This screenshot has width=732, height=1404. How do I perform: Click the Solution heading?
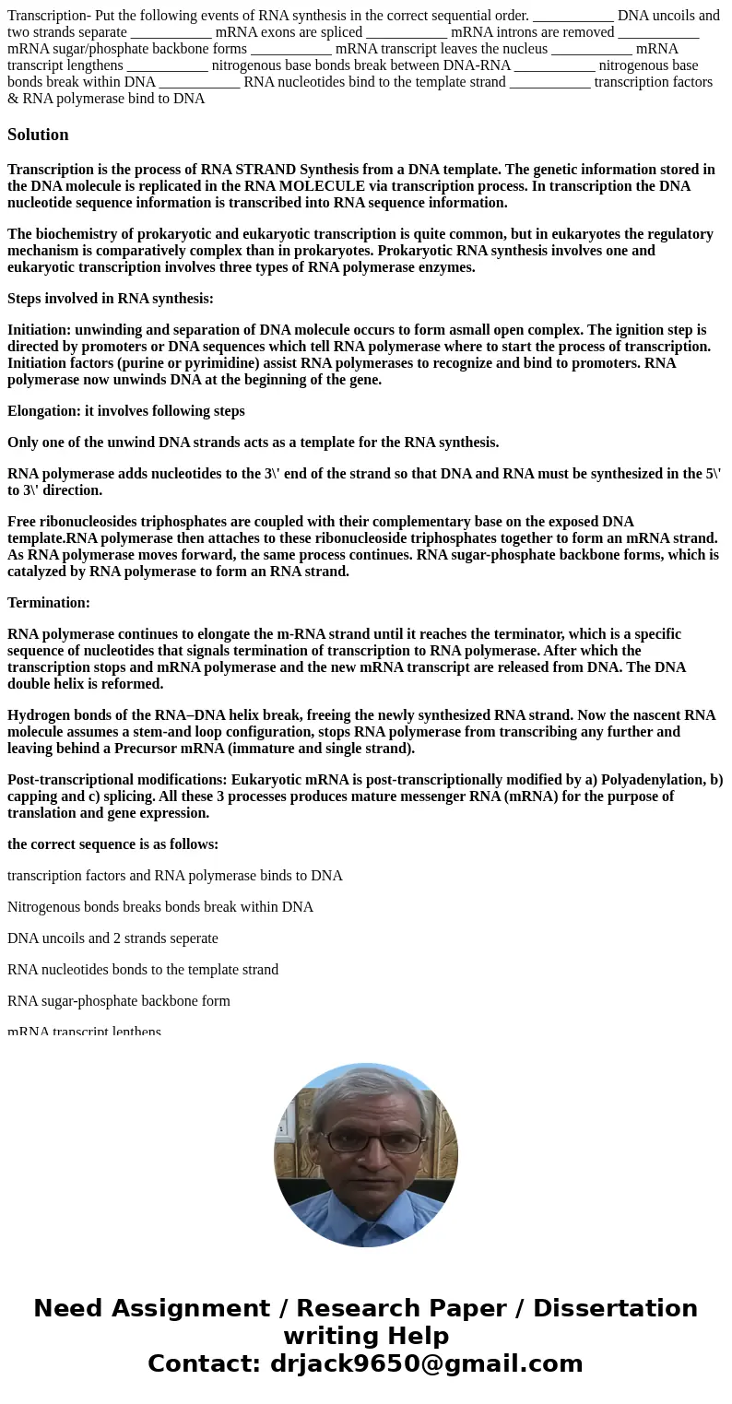tap(38, 135)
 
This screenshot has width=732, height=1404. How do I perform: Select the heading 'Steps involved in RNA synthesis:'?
tap(111, 299)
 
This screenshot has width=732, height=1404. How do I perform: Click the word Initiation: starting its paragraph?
tap(39, 330)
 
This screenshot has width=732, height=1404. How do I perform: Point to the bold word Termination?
tap(49, 603)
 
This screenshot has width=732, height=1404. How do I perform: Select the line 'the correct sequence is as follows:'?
tap(112, 844)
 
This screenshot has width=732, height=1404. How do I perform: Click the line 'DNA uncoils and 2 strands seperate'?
tap(112, 938)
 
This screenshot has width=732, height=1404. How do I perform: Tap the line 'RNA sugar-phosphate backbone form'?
tap(119, 1001)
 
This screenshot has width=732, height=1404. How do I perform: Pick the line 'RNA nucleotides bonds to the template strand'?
tap(143, 970)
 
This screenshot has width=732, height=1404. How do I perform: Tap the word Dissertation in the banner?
tap(615, 1309)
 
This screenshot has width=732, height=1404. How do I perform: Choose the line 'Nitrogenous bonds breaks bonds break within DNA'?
tap(160, 907)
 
